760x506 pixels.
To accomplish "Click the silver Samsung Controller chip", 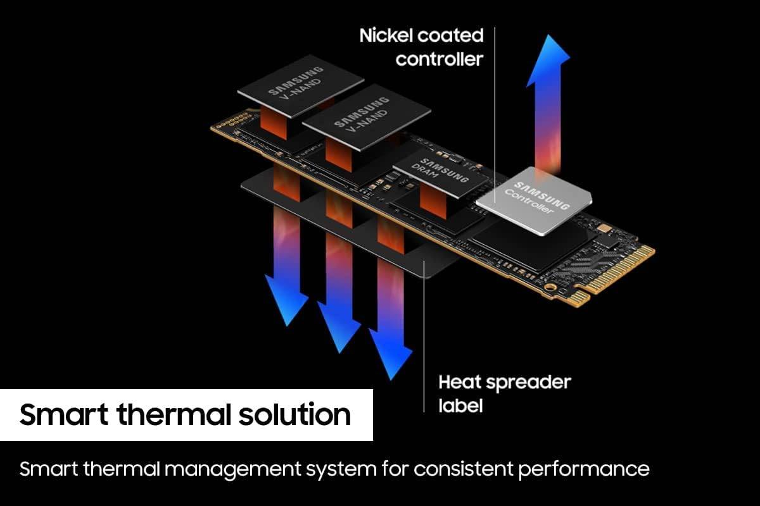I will (x=533, y=200).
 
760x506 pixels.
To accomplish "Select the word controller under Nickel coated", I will (x=440, y=59).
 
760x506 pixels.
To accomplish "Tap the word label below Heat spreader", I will (x=460, y=405).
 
